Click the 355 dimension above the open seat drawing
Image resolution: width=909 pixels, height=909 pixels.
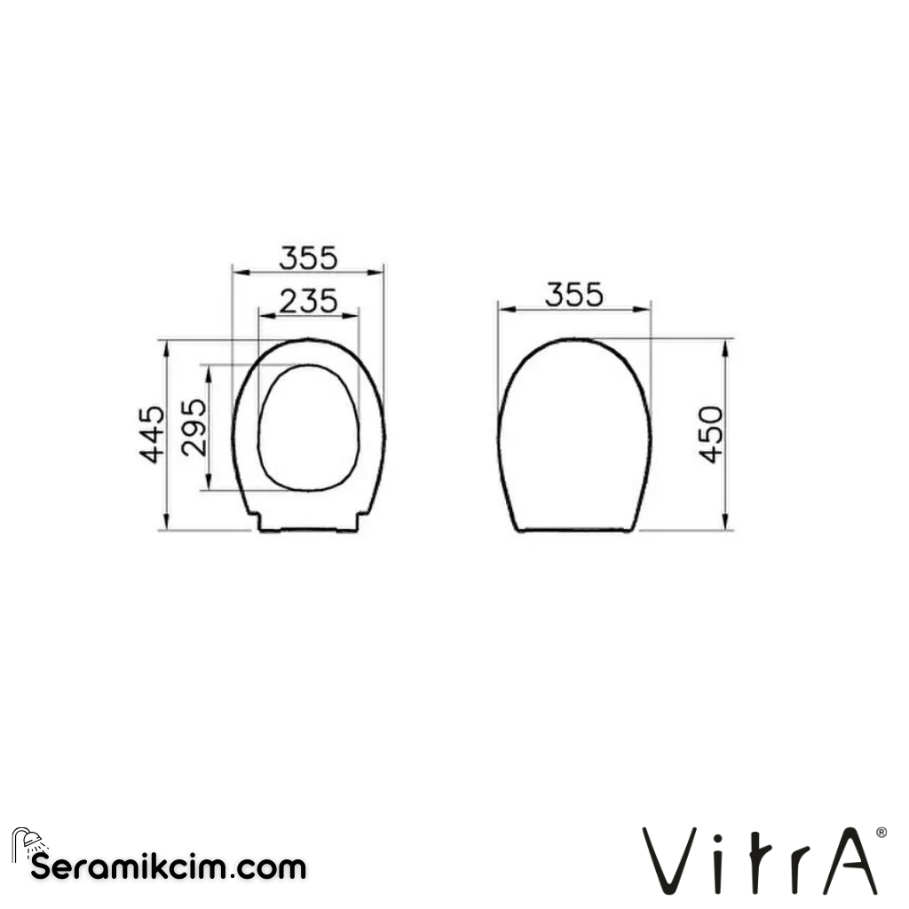tap(308, 257)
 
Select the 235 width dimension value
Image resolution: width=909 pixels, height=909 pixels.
tap(308, 302)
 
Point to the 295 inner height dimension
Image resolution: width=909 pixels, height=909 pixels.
tap(194, 427)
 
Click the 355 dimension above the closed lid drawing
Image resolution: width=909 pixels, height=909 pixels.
tap(573, 295)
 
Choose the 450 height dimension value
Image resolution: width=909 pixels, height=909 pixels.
tap(711, 434)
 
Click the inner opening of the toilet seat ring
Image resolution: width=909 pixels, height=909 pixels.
tap(308, 428)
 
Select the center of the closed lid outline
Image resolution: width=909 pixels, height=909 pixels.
tap(573, 435)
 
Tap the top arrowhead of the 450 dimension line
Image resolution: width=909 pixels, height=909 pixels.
tap(725, 346)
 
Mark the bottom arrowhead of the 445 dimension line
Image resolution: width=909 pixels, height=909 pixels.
tap(166, 524)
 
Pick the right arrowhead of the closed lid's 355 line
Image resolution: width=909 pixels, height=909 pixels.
tap(645, 310)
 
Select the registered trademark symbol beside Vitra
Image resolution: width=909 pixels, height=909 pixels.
tap(880, 833)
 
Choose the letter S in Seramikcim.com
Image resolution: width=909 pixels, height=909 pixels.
tap(41, 867)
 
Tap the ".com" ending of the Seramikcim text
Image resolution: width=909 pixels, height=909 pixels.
tap(265, 867)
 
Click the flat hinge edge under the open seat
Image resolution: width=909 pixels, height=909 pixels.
tap(308, 531)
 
